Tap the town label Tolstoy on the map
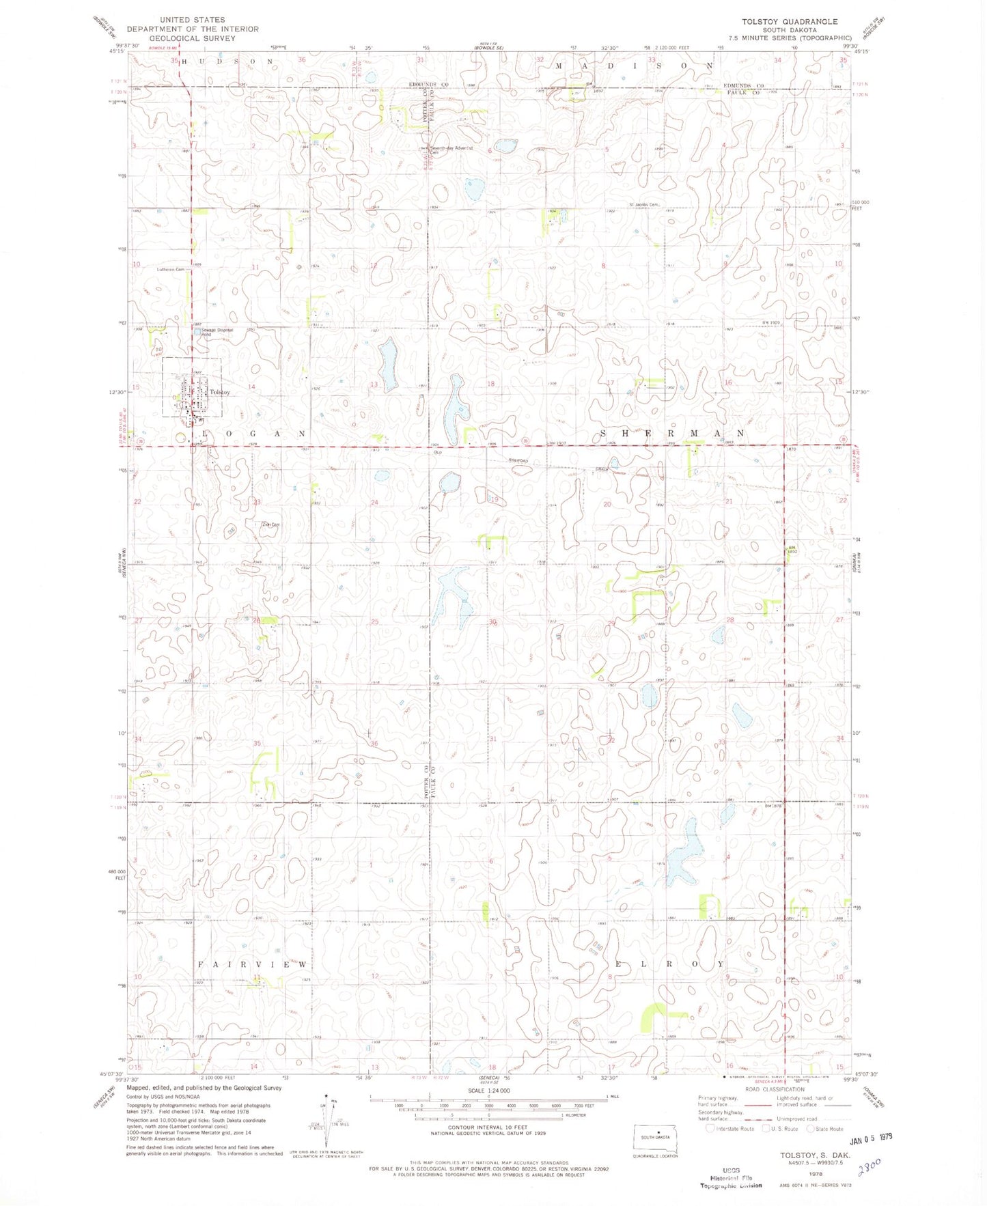tap(219, 392)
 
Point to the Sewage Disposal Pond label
tap(217, 331)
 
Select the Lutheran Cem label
tap(171, 269)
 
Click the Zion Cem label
tap(271, 524)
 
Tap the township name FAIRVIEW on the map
tap(253, 964)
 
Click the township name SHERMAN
tap(672, 433)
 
